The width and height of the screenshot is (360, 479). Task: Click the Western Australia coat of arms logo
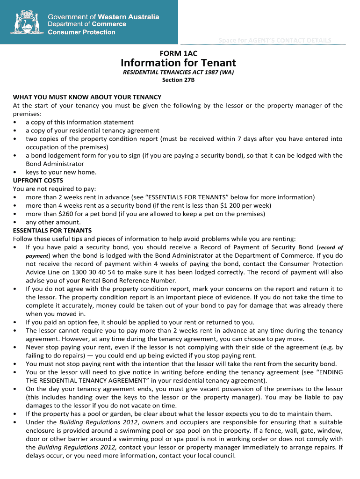tap(26, 22)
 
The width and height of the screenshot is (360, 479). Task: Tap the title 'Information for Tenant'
tap(178, 63)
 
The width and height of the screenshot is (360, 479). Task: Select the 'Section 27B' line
tap(178, 80)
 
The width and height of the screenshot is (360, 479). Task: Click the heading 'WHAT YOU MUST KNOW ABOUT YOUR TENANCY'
tap(87, 97)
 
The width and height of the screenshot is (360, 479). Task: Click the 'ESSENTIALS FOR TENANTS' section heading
tap(52, 231)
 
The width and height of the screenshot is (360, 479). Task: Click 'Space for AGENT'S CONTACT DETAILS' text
tap(275, 40)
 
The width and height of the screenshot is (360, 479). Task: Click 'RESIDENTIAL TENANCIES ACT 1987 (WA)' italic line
tap(178, 73)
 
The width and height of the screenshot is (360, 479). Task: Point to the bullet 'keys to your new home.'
tap(61, 172)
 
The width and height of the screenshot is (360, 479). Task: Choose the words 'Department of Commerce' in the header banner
tap(87, 24)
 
